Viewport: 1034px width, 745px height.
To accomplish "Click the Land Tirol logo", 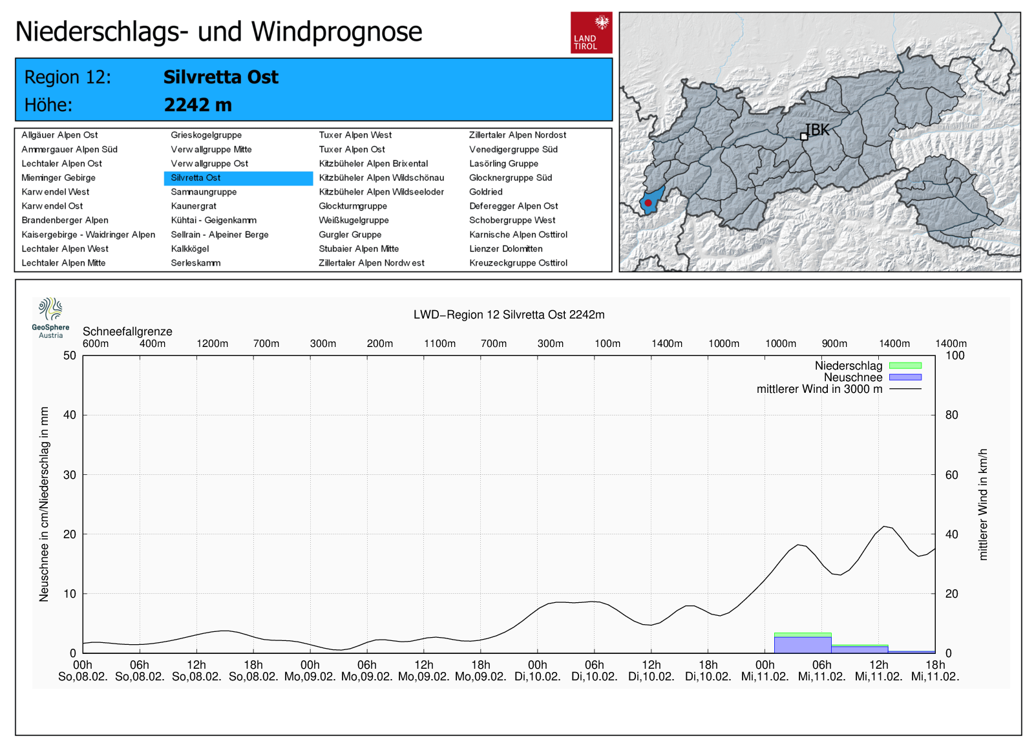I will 591,32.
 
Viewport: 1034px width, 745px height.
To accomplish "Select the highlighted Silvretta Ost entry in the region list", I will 196,178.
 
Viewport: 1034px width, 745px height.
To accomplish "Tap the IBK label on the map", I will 817,130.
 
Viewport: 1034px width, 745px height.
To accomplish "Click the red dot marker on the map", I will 648,203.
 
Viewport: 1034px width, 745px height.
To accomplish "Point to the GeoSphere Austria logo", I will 50,317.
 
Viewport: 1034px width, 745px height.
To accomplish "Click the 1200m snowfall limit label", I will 212,344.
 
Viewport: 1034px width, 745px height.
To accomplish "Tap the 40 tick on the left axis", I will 70,415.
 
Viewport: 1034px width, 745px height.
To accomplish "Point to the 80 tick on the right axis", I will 952,415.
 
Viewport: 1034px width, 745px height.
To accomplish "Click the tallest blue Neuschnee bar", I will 802,645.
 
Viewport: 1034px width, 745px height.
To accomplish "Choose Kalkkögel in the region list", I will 190,249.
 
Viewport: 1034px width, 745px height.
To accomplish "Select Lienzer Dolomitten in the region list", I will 506,249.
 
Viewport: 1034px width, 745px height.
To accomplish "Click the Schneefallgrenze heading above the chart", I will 127,331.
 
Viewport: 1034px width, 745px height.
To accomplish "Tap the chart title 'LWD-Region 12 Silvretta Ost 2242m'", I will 509,315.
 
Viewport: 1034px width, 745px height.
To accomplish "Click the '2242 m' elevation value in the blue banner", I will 198,105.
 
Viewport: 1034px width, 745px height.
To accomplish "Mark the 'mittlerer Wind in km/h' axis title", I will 983,504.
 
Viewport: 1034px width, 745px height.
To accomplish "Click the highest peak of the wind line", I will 885,527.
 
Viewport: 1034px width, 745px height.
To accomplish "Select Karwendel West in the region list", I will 56,192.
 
